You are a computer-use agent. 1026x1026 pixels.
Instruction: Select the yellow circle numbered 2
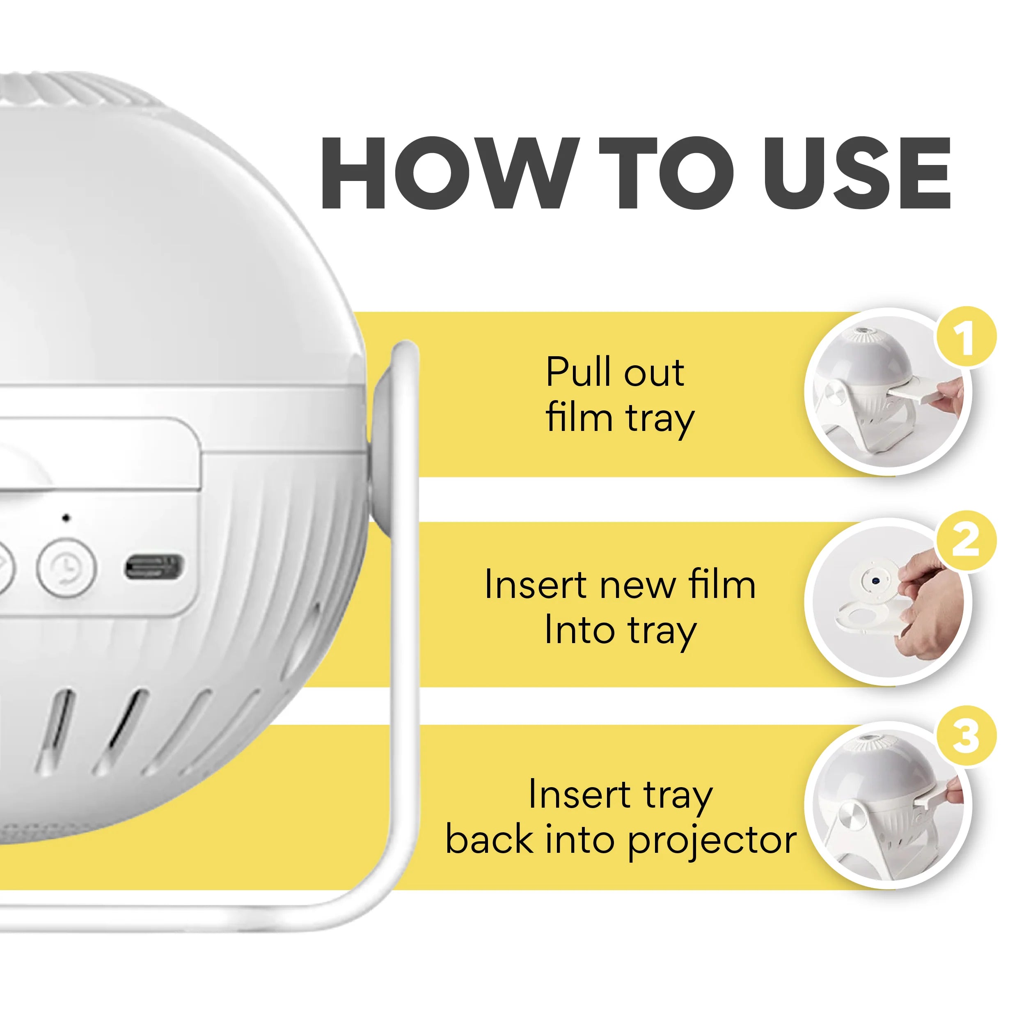965,540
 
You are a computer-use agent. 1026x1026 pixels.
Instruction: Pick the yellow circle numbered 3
965,736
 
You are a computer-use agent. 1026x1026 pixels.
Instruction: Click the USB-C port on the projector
154,567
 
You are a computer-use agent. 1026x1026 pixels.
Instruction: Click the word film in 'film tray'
579,417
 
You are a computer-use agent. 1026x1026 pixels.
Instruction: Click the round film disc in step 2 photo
874,582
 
